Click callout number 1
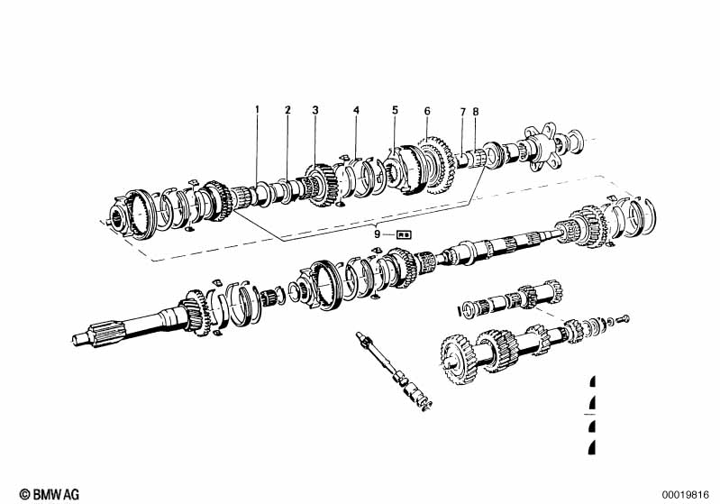click(256, 111)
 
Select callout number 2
click(287, 111)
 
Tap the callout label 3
click(315, 111)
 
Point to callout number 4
click(356, 111)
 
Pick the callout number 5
click(395, 111)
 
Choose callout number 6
click(427, 111)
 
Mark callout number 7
click(462, 112)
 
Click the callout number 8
click(476, 112)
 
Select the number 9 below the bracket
click(378, 234)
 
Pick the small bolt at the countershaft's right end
click(624, 318)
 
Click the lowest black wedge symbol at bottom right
click(591, 448)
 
